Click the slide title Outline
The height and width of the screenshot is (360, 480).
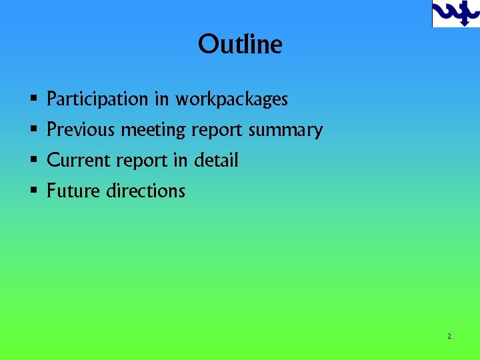click(x=240, y=45)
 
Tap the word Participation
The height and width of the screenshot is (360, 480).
click(x=97, y=99)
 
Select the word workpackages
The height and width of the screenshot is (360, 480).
click(x=231, y=100)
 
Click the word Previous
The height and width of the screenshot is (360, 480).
click(x=81, y=129)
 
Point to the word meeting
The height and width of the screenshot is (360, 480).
click(x=153, y=130)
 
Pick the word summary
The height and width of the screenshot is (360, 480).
click(x=285, y=130)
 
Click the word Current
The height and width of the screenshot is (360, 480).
click(x=79, y=160)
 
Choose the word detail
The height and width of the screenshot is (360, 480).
click(x=216, y=160)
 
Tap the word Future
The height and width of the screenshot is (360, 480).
click(x=73, y=191)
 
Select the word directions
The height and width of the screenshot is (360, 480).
click(x=146, y=191)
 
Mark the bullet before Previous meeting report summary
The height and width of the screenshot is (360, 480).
click(x=33, y=130)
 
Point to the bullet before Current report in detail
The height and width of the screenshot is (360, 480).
click(x=33, y=161)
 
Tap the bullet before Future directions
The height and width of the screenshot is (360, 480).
click(x=33, y=191)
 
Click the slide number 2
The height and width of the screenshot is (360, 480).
click(x=449, y=337)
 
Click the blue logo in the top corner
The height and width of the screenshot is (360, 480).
click(x=455, y=13)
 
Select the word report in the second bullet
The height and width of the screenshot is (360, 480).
click(x=217, y=131)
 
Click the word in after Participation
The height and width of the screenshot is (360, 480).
click(x=161, y=99)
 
